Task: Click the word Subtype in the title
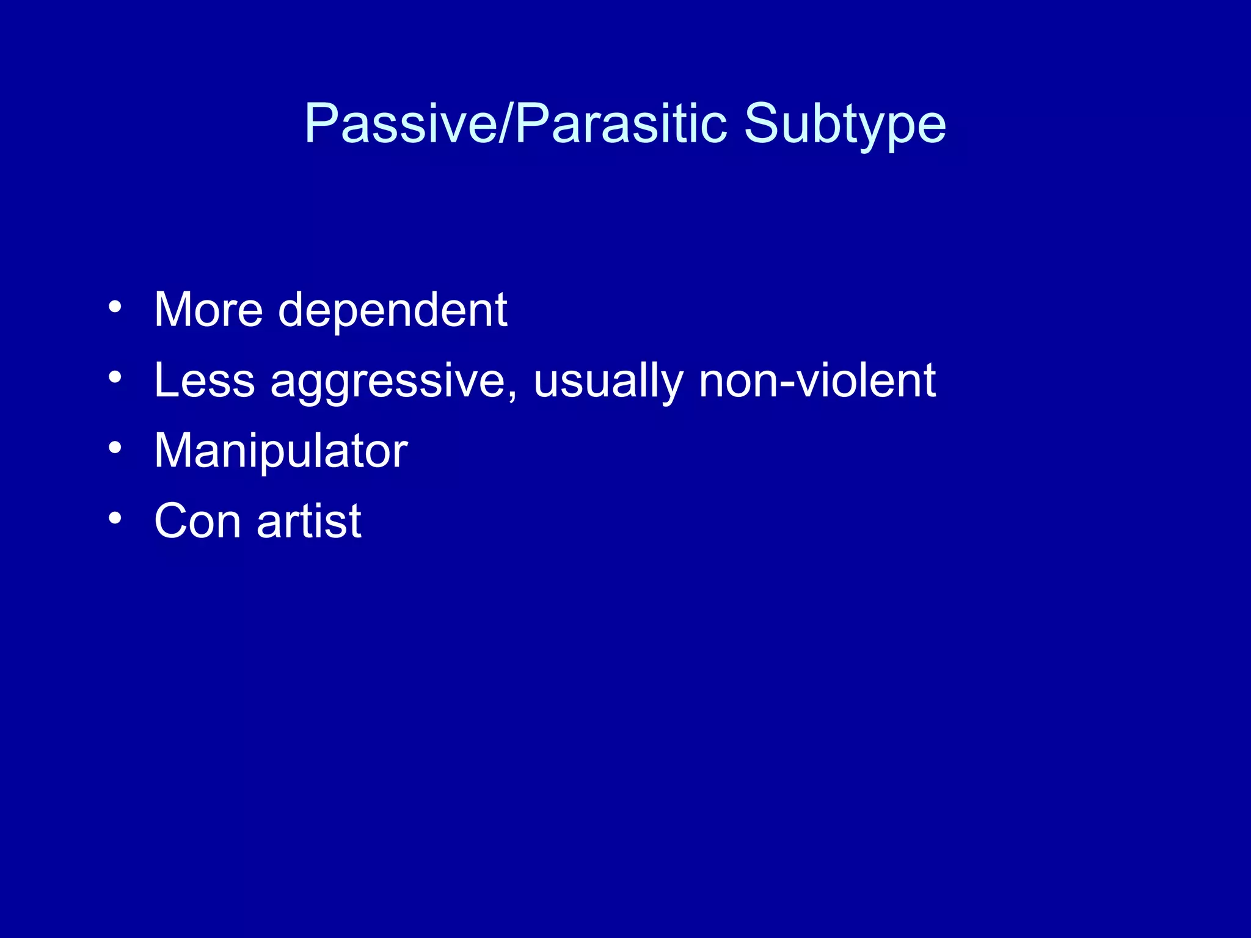(x=845, y=124)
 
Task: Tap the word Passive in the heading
(x=401, y=124)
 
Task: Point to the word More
(x=208, y=310)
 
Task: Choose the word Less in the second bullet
(x=204, y=380)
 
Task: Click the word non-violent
(x=817, y=380)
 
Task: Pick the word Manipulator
(x=280, y=451)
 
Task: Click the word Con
(x=197, y=522)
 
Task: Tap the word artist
(x=309, y=522)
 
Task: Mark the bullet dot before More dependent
(x=115, y=307)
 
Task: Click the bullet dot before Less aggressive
(x=115, y=377)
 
